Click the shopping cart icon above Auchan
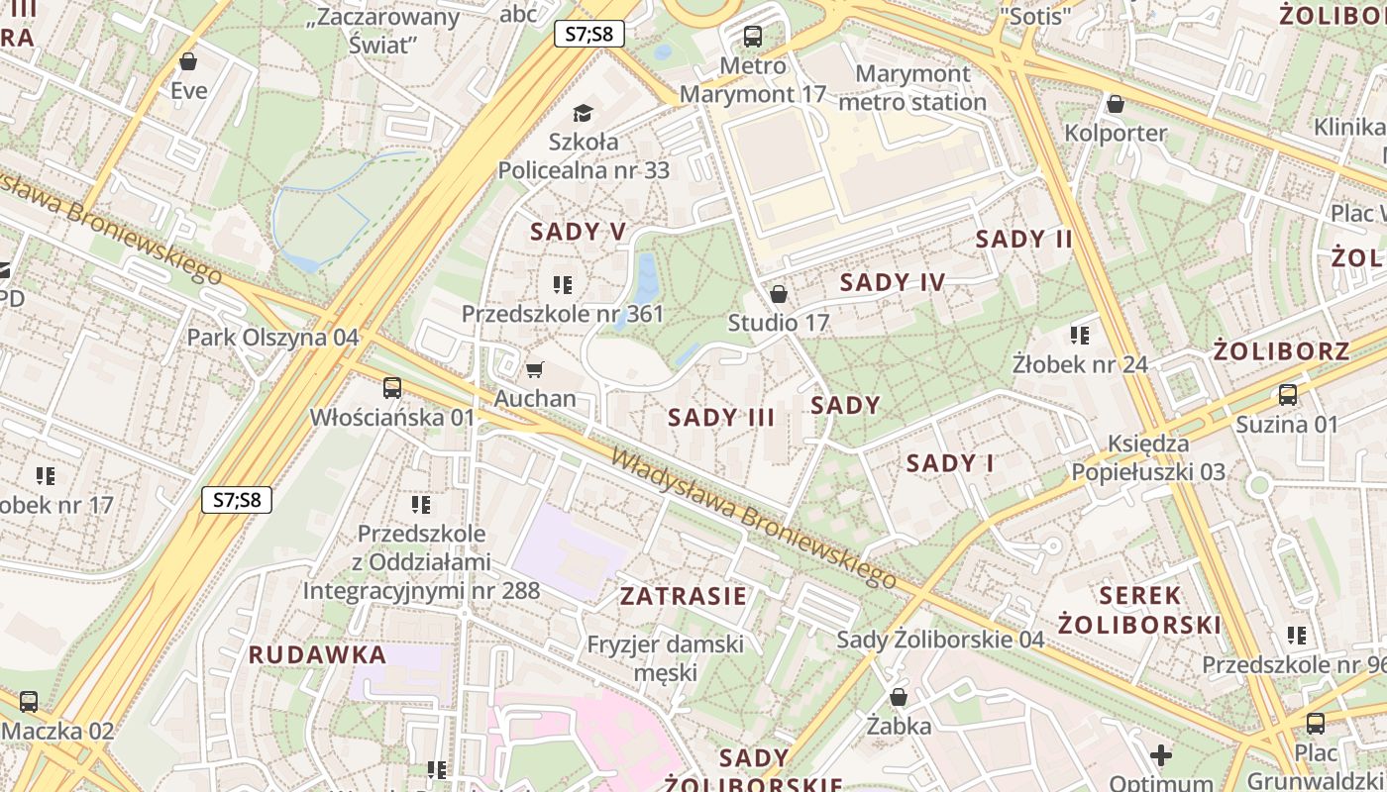pyautogui.click(x=535, y=370)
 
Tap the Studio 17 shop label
pyautogui.click(x=778, y=323)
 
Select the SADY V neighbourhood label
pyautogui.click(x=579, y=232)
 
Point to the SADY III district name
pyautogui.click(x=721, y=417)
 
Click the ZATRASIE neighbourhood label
pyautogui.click(x=684, y=596)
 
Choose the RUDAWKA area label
pyautogui.click(x=317, y=654)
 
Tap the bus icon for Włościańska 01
pyautogui.click(x=392, y=387)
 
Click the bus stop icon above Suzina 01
pyautogui.click(x=1287, y=395)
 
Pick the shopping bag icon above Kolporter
pyautogui.click(x=1116, y=104)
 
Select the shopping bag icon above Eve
pyautogui.click(x=188, y=61)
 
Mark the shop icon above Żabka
pyautogui.click(x=899, y=697)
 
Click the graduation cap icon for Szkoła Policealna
pyautogui.click(x=583, y=113)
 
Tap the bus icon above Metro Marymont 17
pyautogui.click(x=753, y=38)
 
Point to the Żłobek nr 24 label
pyautogui.click(x=1080, y=364)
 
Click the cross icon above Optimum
pyautogui.click(x=1161, y=755)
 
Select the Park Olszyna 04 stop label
pyautogui.click(x=273, y=337)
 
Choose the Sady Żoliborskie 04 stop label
pyautogui.click(x=940, y=640)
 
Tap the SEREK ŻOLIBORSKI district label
pyautogui.click(x=1139, y=610)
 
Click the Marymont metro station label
pyautogui.click(x=912, y=88)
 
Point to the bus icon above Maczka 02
pyautogui.click(x=29, y=702)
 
